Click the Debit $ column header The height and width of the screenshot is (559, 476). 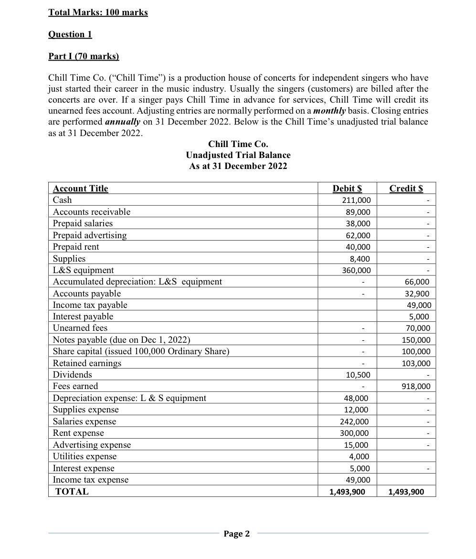point(347,188)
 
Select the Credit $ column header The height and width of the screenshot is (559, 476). point(406,188)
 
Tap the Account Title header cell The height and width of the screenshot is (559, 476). point(80,189)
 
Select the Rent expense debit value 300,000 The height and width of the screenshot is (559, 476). point(356,433)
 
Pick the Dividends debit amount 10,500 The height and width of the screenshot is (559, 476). point(358,375)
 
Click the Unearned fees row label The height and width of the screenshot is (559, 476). point(80,328)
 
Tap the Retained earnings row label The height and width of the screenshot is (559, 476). point(87,363)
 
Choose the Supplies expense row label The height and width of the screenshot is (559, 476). point(85,410)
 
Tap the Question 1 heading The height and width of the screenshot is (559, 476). point(70,34)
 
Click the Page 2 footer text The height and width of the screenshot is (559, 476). point(237,534)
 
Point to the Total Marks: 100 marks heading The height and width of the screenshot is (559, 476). point(98,12)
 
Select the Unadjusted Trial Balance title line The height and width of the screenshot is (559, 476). point(238,155)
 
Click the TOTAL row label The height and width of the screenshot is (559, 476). point(72,492)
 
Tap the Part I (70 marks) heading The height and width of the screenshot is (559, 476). point(84,56)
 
